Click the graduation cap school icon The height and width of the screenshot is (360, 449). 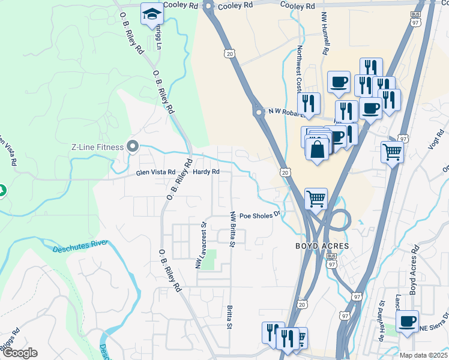coord(152,14)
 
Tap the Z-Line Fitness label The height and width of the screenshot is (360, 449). coord(97,147)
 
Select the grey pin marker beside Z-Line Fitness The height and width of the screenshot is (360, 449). coord(133,147)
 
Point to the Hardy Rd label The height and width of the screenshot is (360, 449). coord(206,172)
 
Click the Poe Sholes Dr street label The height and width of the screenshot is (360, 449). coord(260,215)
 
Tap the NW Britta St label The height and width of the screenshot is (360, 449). coord(232,228)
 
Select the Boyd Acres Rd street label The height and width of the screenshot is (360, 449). coord(413,269)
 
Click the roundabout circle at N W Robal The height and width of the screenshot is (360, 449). coord(259,112)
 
